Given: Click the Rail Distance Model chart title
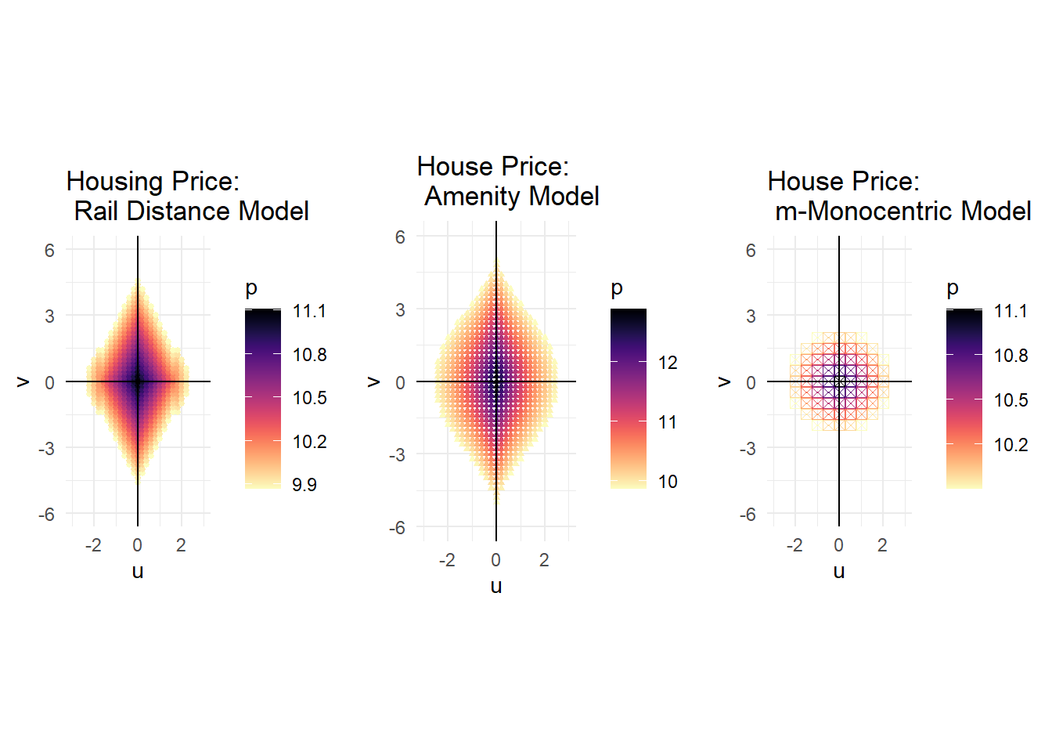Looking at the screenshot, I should pyautogui.click(x=188, y=196).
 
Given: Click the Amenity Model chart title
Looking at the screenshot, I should pyautogui.click(x=508, y=181).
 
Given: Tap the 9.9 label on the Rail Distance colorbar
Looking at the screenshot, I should pyautogui.click(x=304, y=485).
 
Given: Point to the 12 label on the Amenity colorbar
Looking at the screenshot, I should pyautogui.click(x=668, y=363).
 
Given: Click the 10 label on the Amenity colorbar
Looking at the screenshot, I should pyautogui.click(x=668, y=482).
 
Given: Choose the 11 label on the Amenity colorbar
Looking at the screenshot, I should pyautogui.click(x=668, y=422).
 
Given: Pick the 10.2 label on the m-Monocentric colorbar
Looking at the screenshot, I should pyautogui.click(x=1011, y=445).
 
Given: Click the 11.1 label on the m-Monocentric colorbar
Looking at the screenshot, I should pyautogui.click(x=1011, y=311).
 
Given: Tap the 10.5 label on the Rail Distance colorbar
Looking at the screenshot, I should pyautogui.click(x=309, y=398).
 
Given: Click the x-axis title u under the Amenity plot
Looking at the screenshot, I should pyautogui.click(x=496, y=586).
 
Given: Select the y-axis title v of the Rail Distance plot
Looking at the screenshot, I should pyautogui.click(x=23, y=382).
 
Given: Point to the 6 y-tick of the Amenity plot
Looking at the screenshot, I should pyautogui.click(x=400, y=237).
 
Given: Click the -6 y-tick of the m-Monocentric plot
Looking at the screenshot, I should pyautogui.click(x=749, y=515).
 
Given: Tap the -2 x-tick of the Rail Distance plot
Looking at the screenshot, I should pyautogui.click(x=93, y=545).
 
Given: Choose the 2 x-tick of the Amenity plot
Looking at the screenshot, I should pyautogui.click(x=544, y=560).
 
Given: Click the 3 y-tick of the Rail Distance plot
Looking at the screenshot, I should pyautogui.click(x=49, y=316).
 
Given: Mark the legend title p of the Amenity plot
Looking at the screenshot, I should pyautogui.click(x=617, y=288).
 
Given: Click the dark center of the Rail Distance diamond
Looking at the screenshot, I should pyautogui.click(x=138, y=381).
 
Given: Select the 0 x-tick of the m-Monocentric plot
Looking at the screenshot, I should pyautogui.click(x=838, y=545).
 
